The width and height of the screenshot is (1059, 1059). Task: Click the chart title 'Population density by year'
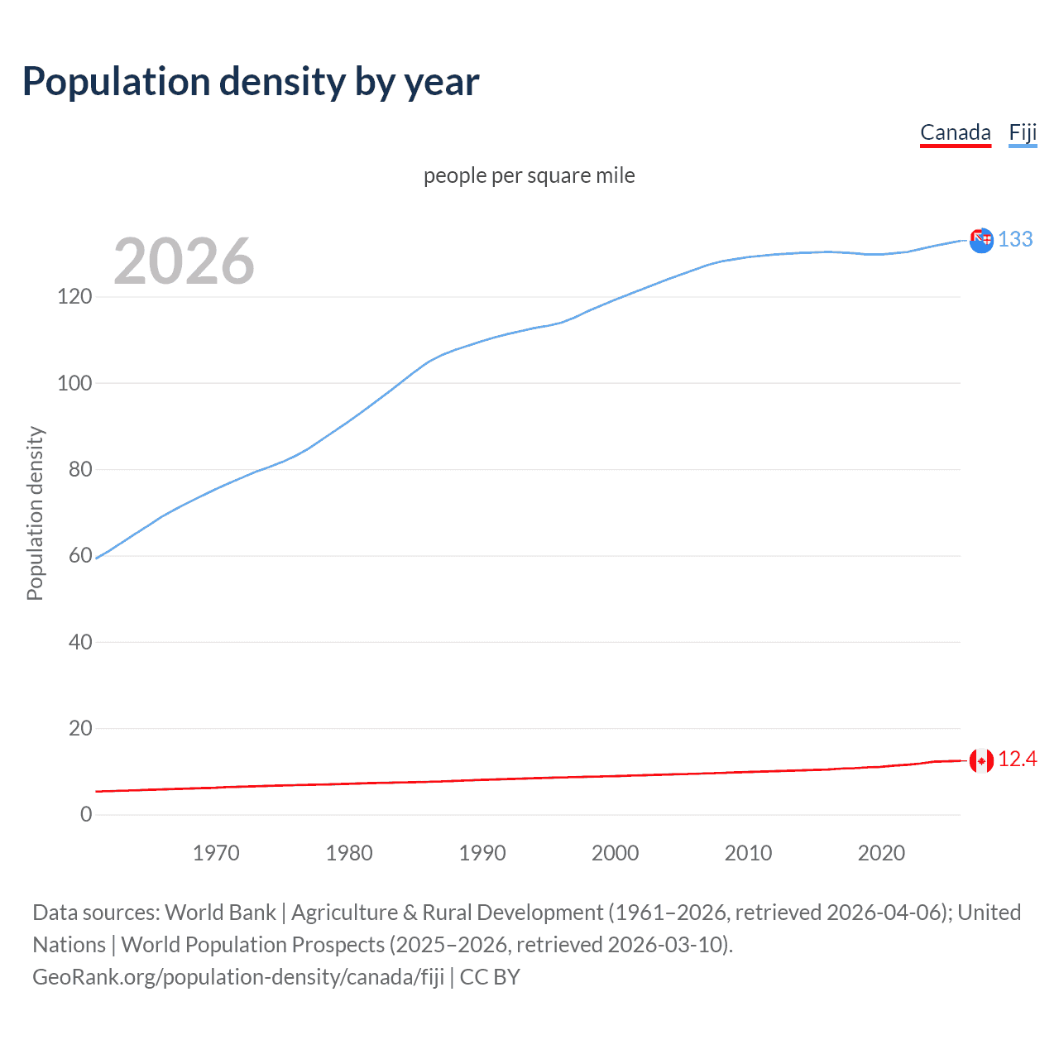click(x=251, y=82)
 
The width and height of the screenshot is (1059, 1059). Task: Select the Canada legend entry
click(x=955, y=132)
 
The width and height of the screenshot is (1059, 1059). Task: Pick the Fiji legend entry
click(x=1023, y=132)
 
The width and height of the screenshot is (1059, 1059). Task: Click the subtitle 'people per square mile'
click(x=529, y=175)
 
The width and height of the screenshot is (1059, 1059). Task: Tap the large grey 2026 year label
click(x=184, y=261)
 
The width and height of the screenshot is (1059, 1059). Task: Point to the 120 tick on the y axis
click(x=74, y=296)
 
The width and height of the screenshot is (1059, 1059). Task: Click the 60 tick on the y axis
click(x=80, y=555)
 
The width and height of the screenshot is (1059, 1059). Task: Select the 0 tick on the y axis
click(x=86, y=814)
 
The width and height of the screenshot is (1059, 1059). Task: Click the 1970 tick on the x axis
click(x=216, y=853)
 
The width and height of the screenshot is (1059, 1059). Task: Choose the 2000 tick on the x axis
click(x=615, y=853)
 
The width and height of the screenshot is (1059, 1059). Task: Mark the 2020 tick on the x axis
click(x=881, y=853)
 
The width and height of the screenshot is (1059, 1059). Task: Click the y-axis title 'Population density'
click(x=35, y=513)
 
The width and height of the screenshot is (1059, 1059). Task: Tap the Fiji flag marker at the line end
click(x=981, y=241)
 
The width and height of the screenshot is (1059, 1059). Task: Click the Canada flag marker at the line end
click(x=981, y=760)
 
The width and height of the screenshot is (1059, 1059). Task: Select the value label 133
click(x=1015, y=239)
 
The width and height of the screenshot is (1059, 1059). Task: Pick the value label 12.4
click(x=1017, y=759)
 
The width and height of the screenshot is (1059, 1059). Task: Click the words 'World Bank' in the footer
click(x=220, y=913)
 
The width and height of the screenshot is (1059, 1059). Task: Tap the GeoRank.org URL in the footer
click(x=238, y=977)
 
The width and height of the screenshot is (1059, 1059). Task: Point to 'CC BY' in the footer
click(x=490, y=977)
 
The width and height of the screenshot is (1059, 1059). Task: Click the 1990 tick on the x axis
click(x=482, y=853)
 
